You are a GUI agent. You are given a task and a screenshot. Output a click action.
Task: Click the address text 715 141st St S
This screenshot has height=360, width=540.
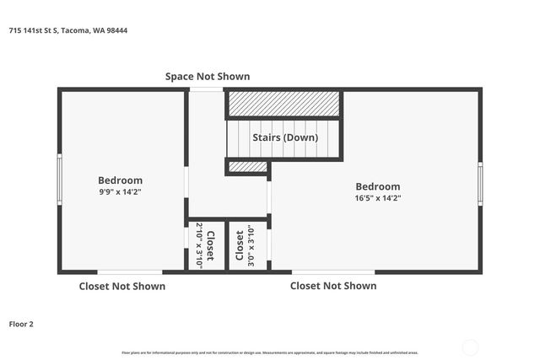coord(67,30)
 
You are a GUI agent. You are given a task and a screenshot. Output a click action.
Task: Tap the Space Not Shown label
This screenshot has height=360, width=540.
coord(208,77)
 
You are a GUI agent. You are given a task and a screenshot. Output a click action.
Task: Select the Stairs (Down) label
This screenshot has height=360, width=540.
coord(285,137)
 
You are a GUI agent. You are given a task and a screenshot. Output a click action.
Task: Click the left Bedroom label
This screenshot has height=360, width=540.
coord(120,180)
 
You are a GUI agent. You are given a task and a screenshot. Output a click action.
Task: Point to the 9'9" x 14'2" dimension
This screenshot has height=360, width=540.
coord(120,191)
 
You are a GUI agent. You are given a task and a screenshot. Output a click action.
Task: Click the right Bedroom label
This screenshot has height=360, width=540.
coord(377,186)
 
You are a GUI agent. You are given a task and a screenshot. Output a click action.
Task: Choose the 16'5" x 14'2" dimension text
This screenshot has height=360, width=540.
coord(377,198)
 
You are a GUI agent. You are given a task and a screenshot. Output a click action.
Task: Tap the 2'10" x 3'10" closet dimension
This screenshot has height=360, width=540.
coord(199,245)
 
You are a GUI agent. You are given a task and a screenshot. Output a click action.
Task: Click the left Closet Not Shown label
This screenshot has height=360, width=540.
coord(121,286)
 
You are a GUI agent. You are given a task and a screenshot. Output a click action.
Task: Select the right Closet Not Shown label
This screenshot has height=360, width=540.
coord(333,286)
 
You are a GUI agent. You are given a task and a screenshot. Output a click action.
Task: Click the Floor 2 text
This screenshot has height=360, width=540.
coord(21,324)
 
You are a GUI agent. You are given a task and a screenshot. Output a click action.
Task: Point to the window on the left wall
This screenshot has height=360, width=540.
coord(59,180)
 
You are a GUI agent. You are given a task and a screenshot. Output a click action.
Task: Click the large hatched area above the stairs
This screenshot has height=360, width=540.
coord(283,104)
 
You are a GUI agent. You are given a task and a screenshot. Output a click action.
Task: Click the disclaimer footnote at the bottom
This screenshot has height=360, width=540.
coord(270,352)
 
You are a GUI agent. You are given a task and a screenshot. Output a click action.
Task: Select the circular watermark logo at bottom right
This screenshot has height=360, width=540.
coord(471,347)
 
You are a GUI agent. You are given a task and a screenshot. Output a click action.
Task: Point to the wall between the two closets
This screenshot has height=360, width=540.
coord(225,245)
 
